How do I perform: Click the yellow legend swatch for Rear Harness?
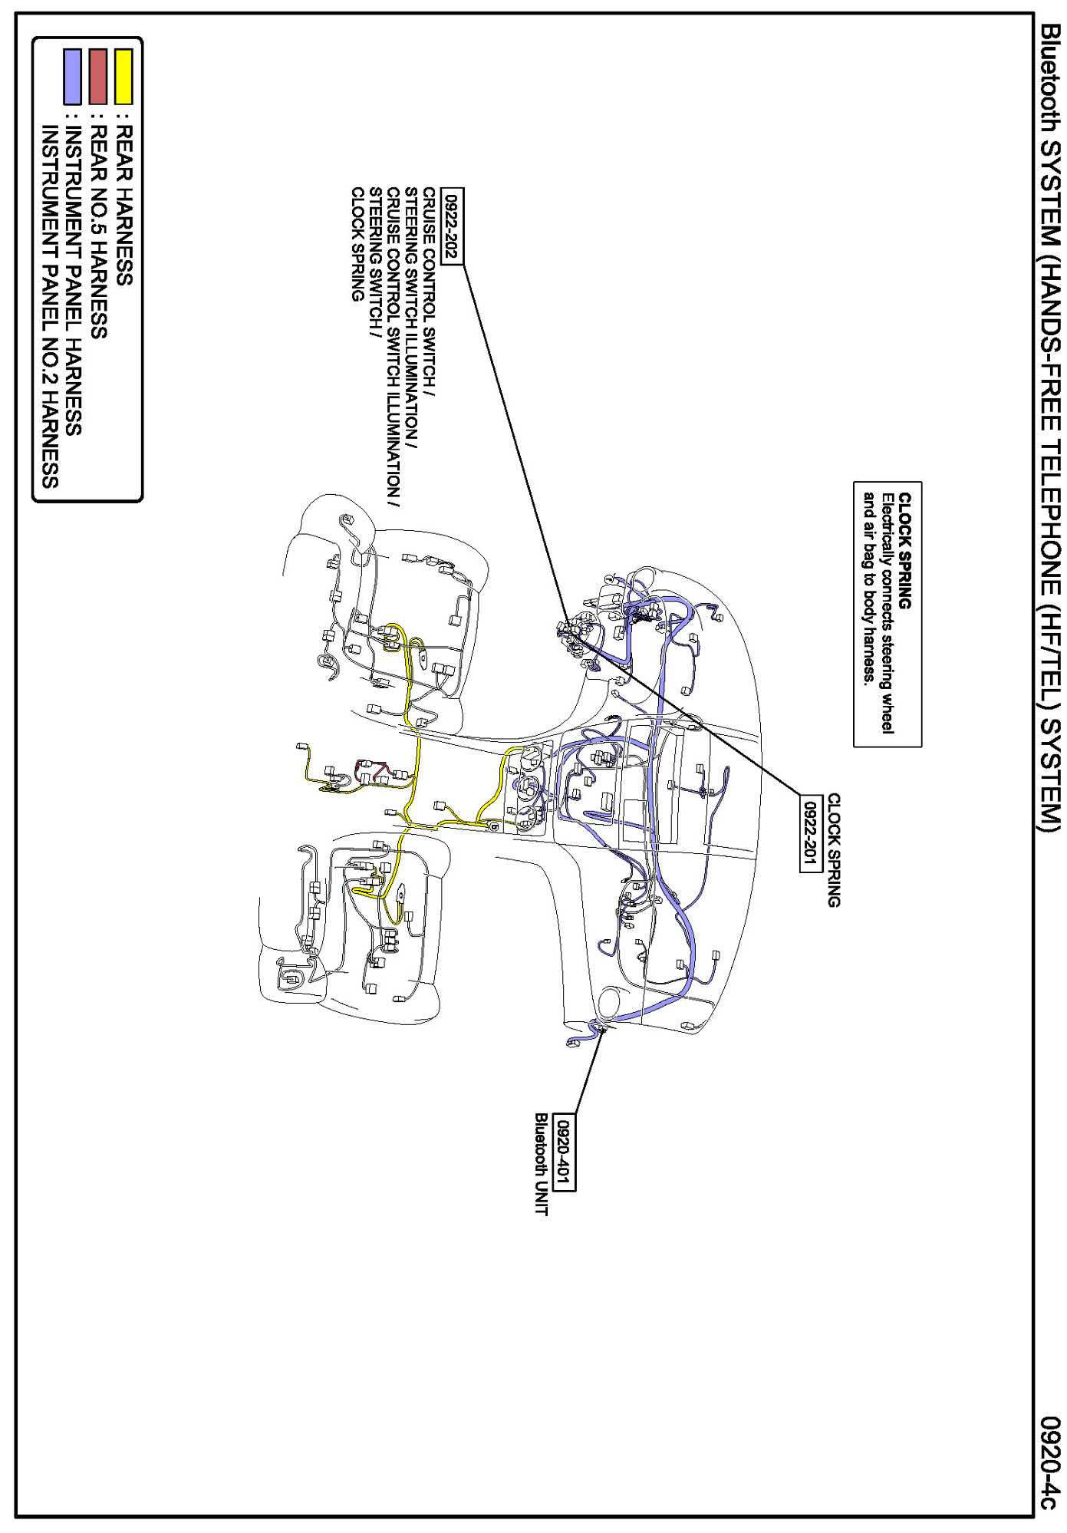[x=123, y=77]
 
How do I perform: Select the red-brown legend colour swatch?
[x=98, y=77]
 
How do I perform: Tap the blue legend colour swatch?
[x=73, y=77]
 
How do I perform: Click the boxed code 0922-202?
[x=453, y=226]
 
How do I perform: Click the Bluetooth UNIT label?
[x=542, y=1165]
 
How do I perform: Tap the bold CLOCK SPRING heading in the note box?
[x=905, y=551]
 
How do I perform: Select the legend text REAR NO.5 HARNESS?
[x=98, y=232]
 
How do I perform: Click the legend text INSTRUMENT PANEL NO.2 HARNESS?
[x=49, y=307]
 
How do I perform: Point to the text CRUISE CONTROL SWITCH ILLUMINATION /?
[x=394, y=348]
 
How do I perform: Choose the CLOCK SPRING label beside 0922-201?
[x=834, y=850]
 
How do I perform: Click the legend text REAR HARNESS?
[x=123, y=206]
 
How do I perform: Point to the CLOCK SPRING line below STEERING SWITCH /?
[x=357, y=244]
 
